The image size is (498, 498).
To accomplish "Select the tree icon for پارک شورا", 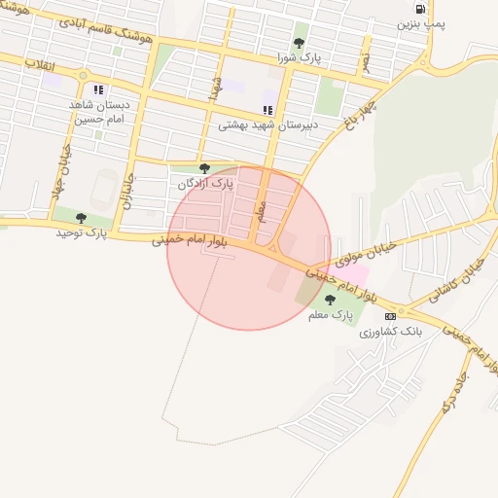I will click(x=299, y=43).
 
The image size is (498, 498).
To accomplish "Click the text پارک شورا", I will click(x=299, y=58).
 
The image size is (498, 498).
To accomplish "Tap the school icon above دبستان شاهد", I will click(x=98, y=89).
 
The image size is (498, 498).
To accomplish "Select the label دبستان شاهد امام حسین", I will click(x=99, y=110).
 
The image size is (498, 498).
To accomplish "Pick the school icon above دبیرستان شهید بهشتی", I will click(x=267, y=110).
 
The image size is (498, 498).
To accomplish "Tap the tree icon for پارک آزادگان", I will click(x=203, y=168).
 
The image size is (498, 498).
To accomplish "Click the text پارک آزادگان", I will click(x=203, y=183).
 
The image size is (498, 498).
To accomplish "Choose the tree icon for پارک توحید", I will click(x=81, y=217).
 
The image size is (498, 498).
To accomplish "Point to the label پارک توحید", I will click(x=81, y=232).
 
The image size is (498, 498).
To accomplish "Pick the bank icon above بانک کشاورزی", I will click(x=390, y=317).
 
